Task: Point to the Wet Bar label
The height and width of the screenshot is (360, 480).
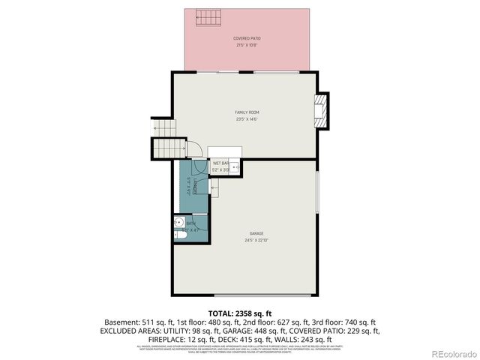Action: [220, 163]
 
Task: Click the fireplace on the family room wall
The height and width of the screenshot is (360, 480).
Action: [321, 110]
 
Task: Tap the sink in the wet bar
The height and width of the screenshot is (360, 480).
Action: [233, 167]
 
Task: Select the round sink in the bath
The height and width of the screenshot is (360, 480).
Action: [178, 222]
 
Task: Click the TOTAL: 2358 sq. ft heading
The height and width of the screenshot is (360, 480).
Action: [240, 313]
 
